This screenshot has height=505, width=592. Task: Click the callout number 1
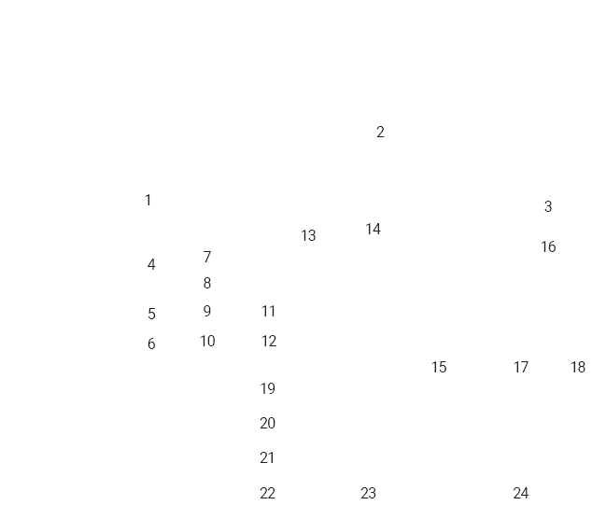click(148, 200)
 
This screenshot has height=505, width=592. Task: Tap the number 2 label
click(380, 132)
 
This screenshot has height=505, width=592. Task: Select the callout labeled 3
click(548, 206)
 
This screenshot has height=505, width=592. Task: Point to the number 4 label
click(151, 264)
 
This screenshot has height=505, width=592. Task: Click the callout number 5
click(151, 315)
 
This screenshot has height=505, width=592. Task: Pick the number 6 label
click(151, 344)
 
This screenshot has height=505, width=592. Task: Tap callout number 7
click(207, 257)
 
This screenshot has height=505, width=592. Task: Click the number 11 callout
click(269, 311)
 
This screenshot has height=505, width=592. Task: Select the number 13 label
click(308, 236)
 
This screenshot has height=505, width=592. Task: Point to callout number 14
click(374, 229)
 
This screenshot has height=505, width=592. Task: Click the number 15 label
click(439, 367)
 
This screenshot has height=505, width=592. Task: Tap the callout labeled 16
click(548, 246)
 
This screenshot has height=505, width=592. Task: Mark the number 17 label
click(521, 367)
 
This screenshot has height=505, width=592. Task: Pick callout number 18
click(578, 367)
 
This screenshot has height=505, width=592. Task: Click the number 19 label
click(268, 387)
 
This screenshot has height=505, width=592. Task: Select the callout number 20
click(268, 423)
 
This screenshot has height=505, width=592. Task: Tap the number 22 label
click(268, 492)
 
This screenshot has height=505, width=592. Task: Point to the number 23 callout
click(368, 492)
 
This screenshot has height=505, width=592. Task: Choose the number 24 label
click(521, 492)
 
